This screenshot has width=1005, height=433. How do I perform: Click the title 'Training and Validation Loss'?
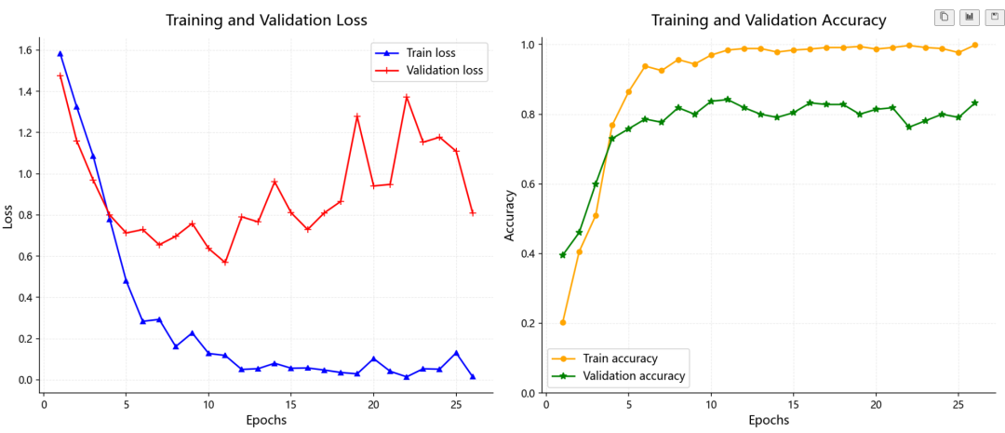click(x=267, y=20)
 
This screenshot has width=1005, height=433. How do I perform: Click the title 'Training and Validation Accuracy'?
click(x=769, y=20)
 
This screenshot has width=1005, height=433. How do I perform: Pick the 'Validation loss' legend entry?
click(x=429, y=71)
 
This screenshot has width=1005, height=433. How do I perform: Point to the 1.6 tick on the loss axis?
click(x=26, y=50)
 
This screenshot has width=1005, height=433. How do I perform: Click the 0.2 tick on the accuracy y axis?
click(x=529, y=323)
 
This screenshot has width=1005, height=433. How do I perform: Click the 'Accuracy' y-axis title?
click(x=510, y=215)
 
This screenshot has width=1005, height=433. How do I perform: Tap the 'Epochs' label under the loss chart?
click(x=267, y=421)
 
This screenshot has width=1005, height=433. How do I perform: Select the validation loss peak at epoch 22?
click(x=407, y=98)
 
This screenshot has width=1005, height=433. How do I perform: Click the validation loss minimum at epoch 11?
click(x=225, y=263)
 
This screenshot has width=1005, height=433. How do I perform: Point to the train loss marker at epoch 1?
click(x=60, y=54)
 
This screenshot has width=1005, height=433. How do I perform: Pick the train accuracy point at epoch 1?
click(x=563, y=322)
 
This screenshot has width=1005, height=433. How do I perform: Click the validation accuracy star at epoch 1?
click(x=563, y=254)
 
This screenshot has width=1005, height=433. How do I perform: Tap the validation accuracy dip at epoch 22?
click(x=909, y=127)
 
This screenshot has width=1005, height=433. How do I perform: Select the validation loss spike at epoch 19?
click(x=357, y=116)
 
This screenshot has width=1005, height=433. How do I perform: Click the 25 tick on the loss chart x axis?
click(x=456, y=405)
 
